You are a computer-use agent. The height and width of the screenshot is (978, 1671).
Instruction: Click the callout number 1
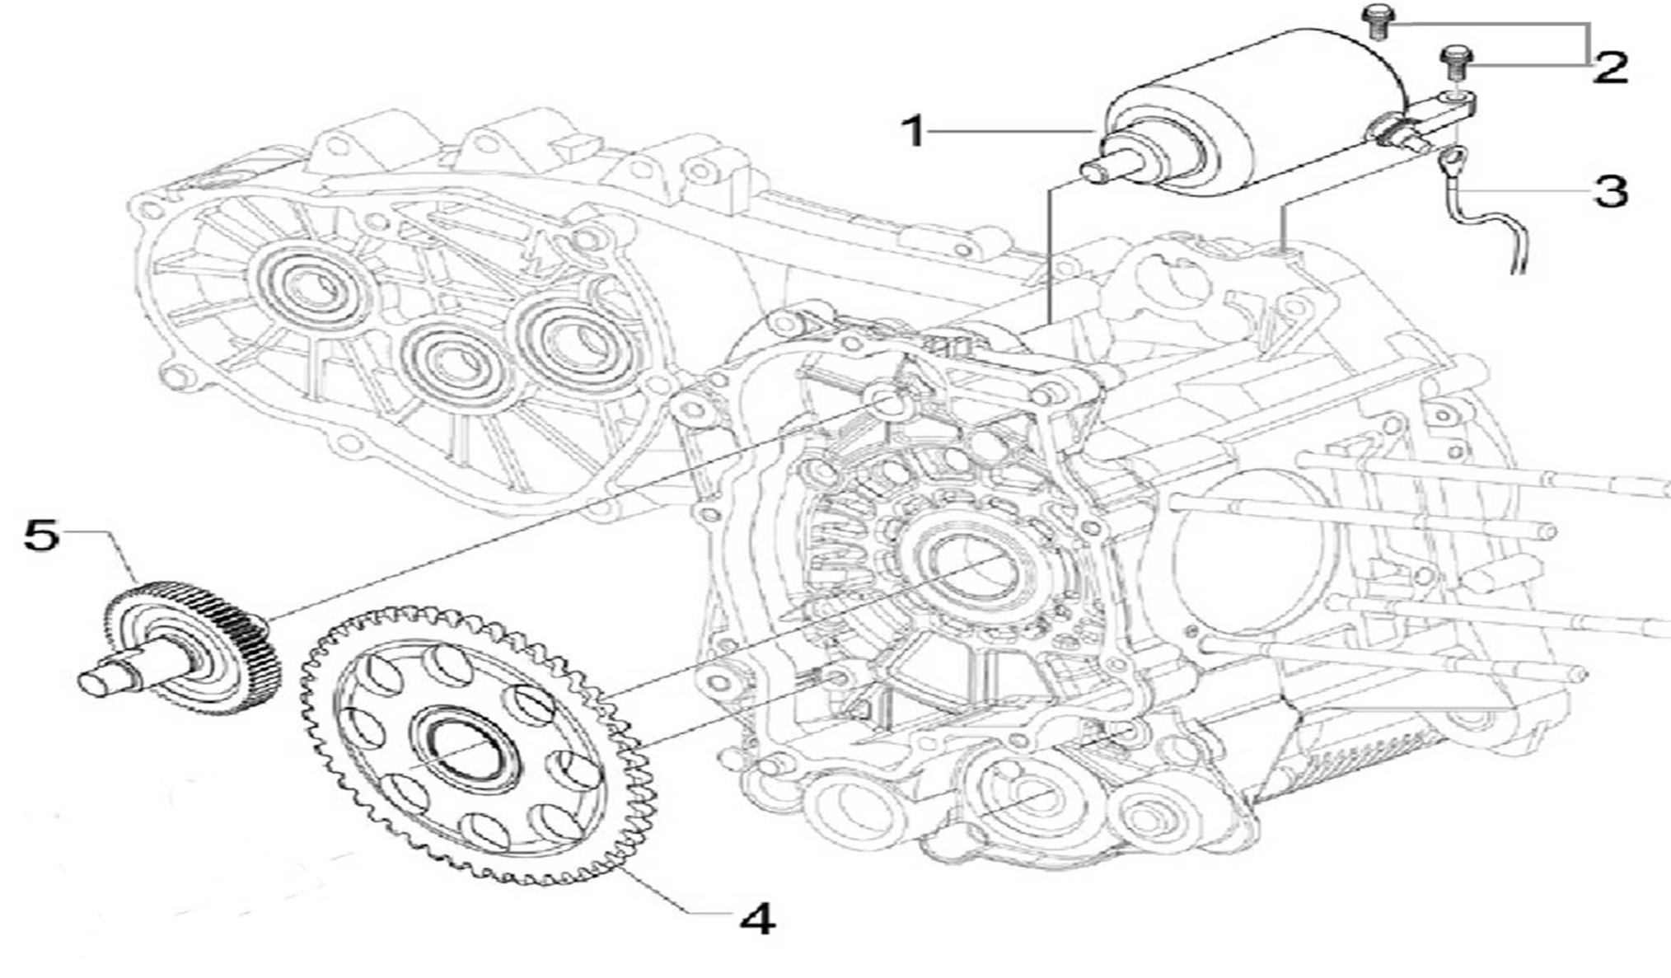click(x=913, y=132)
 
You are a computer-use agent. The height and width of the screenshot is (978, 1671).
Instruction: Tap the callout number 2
click(x=1610, y=67)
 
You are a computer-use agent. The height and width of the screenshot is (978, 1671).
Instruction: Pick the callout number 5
click(x=41, y=536)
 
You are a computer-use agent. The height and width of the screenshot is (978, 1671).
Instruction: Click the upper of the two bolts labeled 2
click(x=1375, y=21)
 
